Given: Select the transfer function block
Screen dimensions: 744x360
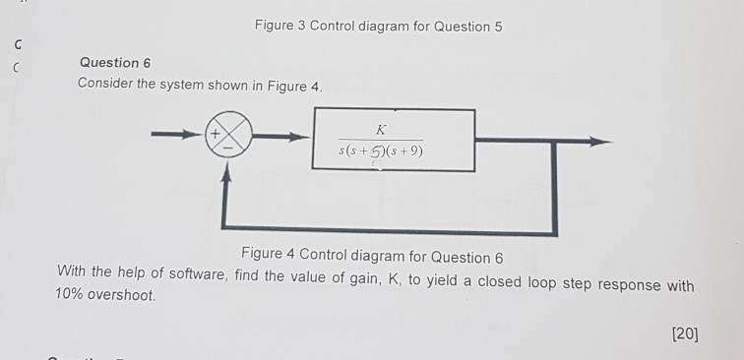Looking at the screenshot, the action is [393, 141].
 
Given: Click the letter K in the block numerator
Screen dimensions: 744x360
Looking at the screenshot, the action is [380, 129].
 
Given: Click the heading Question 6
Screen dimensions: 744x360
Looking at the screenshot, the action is [115, 63].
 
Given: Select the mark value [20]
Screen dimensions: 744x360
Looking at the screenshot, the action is [684, 333].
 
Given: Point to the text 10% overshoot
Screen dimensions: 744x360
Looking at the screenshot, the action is [106, 294].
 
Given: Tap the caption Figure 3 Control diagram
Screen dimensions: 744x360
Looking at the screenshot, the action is [377, 26].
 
